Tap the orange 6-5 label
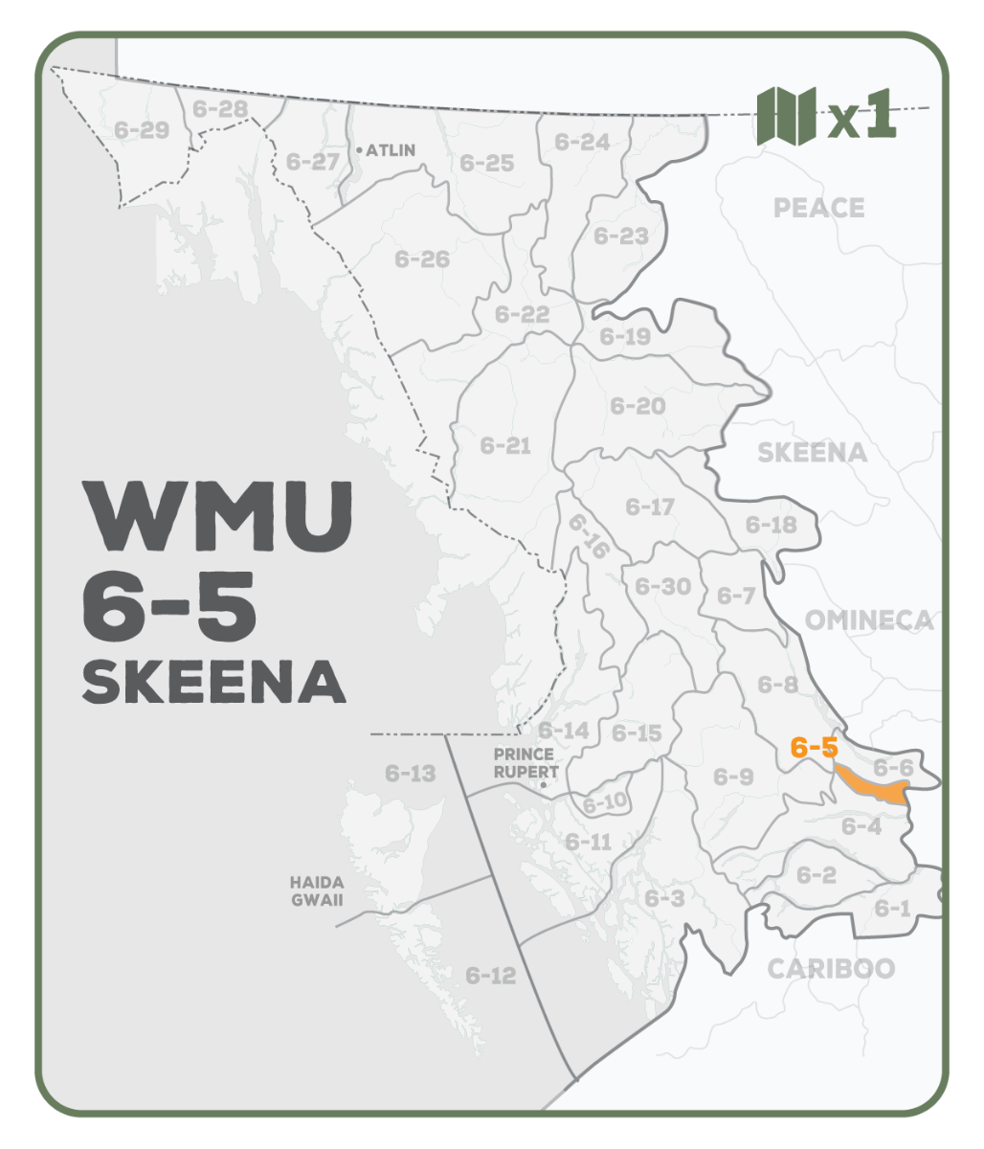click(x=815, y=747)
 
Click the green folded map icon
click(x=786, y=116)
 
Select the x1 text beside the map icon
click(x=864, y=118)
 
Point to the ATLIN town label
click(x=390, y=150)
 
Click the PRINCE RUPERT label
click(x=526, y=763)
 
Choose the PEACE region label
click(x=818, y=208)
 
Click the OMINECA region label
click(x=868, y=620)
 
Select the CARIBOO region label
click(x=831, y=968)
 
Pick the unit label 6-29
click(x=141, y=130)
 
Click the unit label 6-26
click(x=421, y=259)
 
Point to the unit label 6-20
click(x=637, y=406)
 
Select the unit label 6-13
click(x=410, y=773)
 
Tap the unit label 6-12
click(x=490, y=976)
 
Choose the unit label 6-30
click(x=662, y=586)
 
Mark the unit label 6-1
click(x=892, y=909)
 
